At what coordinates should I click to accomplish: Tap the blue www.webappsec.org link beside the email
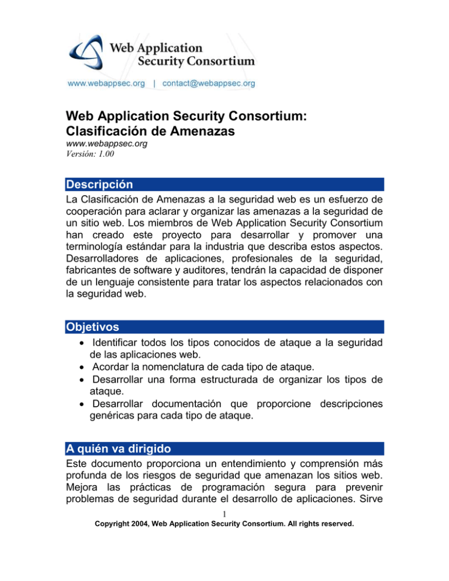pos(106,84)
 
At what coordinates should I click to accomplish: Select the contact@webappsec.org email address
pos(208,84)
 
